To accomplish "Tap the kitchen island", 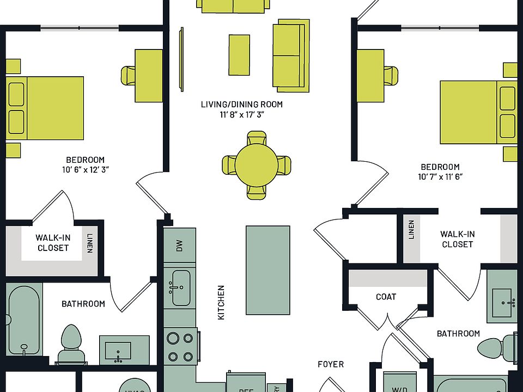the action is [267, 270].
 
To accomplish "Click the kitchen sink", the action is [181, 288].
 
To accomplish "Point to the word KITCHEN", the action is [221, 302].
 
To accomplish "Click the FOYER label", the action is [331, 364].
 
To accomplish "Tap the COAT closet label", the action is [386, 297].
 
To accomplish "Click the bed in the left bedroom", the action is [45, 108].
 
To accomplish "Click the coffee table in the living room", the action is [239, 54].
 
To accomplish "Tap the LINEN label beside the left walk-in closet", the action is [89, 243].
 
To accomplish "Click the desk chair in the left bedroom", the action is [128, 75].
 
